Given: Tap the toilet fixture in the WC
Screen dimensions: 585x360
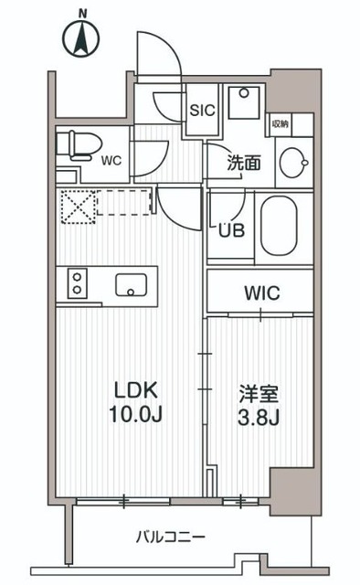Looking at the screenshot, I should click(71, 145).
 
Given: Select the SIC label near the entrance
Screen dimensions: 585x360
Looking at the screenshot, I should click(201, 110).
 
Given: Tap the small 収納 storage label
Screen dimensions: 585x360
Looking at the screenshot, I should click(280, 122).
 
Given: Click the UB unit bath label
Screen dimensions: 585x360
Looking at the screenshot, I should click(230, 229).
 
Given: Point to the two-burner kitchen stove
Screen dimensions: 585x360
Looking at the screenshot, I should click(75, 283).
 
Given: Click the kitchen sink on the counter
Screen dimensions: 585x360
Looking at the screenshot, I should click(131, 284).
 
